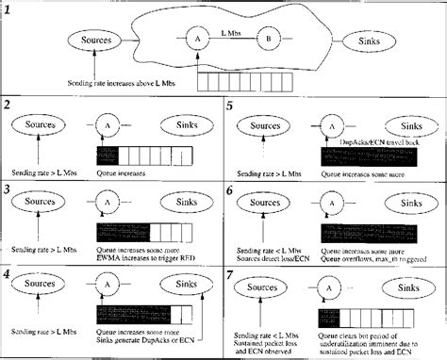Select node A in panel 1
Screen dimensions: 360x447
pyautogui.click(x=199, y=40)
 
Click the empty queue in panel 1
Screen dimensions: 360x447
pyautogui.click(x=232, y=81)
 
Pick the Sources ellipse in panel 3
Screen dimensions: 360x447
pyautogui.click(x=38, y=201)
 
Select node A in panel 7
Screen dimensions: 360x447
pyautogui.click(x=331, y=289)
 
